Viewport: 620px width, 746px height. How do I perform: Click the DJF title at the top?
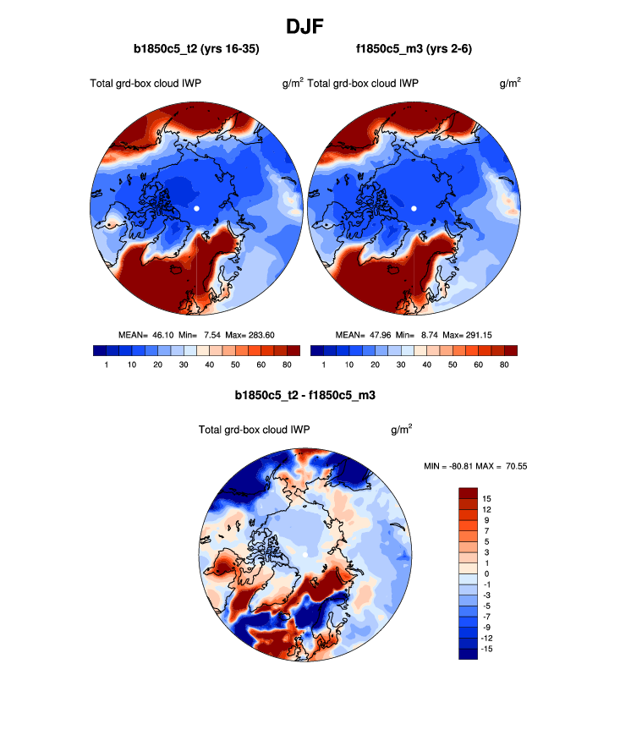[x=310, y=26]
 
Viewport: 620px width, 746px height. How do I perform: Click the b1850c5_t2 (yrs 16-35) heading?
[x=196, y=50]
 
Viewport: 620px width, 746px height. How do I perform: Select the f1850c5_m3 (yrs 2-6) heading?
[x=414, y=50]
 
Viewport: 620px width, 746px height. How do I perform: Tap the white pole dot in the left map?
[x=196, y=208]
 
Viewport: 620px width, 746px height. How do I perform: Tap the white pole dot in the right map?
[x=414, y=208]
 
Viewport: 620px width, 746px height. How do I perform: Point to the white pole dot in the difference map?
[x=305, y=553]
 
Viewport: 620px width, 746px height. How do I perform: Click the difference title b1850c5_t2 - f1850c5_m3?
[x=305, y=395]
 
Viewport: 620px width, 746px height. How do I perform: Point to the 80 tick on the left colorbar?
[x=287, y=365]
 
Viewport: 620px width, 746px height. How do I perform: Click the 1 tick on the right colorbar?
[x=324, y=365]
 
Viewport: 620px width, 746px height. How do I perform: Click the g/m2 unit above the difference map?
[x=402, y=429]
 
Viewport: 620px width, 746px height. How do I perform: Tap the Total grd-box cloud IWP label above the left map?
[x=145, y=83]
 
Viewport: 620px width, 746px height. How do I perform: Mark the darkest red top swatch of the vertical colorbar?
[x=469, y=493]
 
